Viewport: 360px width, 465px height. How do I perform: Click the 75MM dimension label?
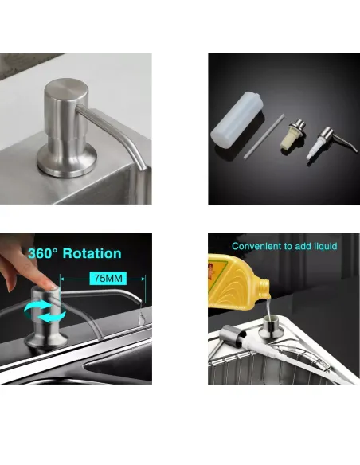pos(108,279)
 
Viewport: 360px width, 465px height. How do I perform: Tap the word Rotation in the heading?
pos(92,253)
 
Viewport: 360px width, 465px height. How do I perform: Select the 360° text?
pos(43,253)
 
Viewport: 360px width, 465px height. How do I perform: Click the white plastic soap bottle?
pos(237,119)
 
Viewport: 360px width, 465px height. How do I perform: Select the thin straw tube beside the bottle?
pos(264,136)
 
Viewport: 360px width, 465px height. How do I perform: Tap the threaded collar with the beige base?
pos(293,134)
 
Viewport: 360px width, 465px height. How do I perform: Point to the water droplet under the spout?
pos(142,318)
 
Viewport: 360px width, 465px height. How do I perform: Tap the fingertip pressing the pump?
pos(48,286)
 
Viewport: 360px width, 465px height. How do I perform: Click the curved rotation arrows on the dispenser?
pos(45,311)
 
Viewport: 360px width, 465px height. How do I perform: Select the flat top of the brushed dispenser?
pos(66,88)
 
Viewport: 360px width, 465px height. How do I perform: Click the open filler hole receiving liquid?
pos(270,320)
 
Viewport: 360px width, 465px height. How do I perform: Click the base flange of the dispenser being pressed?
pos(47,340)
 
